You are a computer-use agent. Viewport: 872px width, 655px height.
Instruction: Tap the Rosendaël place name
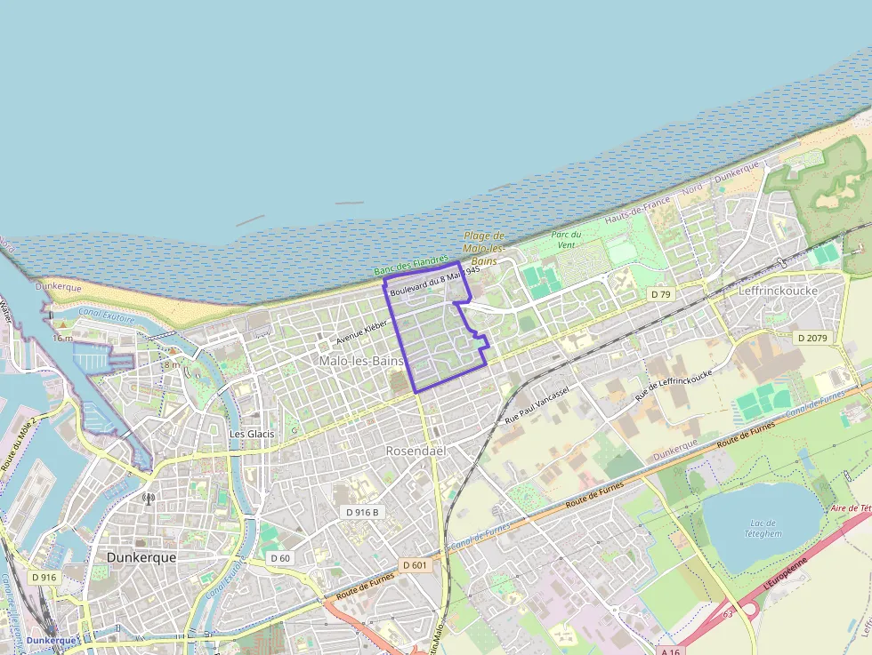(x=415, y=451)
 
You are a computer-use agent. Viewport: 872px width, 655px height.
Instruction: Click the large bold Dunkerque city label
(x=141, y=557)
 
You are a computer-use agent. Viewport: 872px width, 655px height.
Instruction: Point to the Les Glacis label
(x=252, y=434)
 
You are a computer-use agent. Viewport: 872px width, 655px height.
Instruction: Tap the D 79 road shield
(x=659, y=294)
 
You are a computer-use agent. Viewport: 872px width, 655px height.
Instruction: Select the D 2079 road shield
(x=811, y=338)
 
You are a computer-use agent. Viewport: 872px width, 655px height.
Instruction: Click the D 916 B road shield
(x=362, y=512)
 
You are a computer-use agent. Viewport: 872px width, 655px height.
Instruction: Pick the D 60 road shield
(x=279, y=558)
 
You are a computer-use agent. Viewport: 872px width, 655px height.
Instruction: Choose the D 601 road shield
(x=415, y=565)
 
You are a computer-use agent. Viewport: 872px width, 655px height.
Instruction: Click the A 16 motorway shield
(x=673, y=651)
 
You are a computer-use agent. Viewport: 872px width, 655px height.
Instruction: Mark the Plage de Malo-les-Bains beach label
(x=484, y=249)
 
